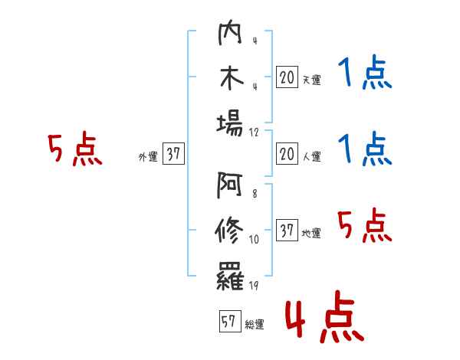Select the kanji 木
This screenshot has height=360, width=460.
click(x=230, y=79)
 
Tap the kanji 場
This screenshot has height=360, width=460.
click(x=230, y=123)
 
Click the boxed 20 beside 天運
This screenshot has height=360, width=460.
click(x=287, y=77)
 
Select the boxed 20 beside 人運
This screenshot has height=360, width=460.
click(x=287, y=155)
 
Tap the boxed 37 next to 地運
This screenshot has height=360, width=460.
click(x=287, y=231)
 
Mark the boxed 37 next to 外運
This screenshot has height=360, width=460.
click(x=173, y=155)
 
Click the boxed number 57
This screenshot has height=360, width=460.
click(x=228, y=322)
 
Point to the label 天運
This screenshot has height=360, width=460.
click(x=311, y=80)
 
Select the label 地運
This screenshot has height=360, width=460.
click(x=311, y=233)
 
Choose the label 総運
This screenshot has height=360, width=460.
click(x=254, y=324)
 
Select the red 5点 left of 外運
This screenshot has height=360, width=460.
click(x=74, y=149)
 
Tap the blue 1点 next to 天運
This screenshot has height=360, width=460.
click(x=364, y=75)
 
